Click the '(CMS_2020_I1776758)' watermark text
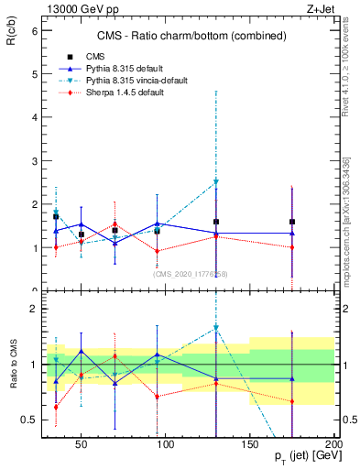pyautogui.click(x=190, y=273)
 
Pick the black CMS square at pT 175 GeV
pyautogui.click(x=292, y=222)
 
